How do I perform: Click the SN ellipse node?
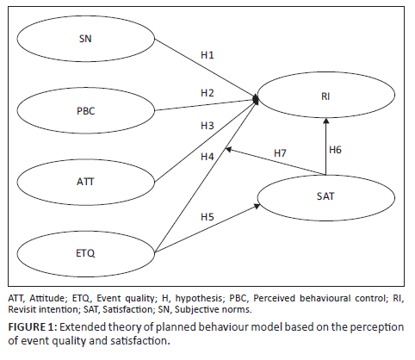pyautogui.click(x=84, y=39)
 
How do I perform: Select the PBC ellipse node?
pyautogui.click(x=84, y=110)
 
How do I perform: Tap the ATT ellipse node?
pyautogui.click(x=84, y=181)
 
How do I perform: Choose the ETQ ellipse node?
pyautogui.click(x=84, y=251)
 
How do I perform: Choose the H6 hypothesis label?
pyautogui.click(x=338, y=150)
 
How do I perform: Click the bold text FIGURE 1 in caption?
pyautogui.click(x=34, y=328)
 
